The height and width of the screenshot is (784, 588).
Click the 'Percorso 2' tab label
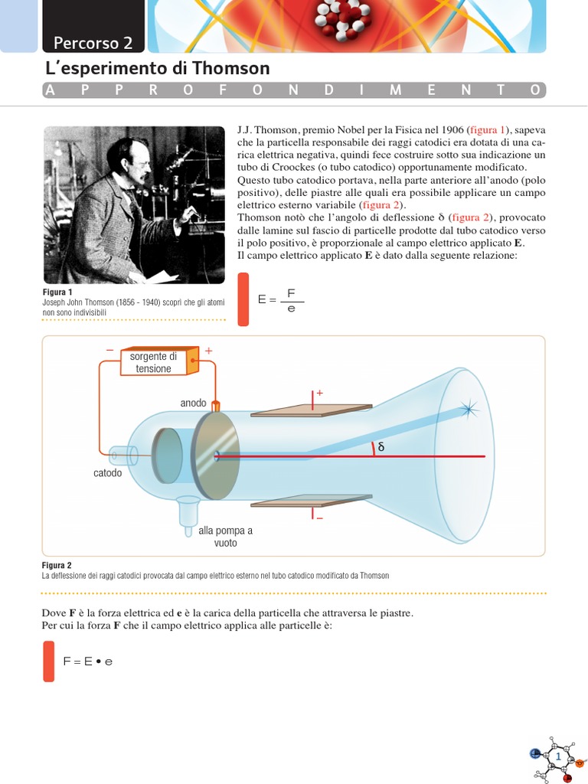coord(93,41)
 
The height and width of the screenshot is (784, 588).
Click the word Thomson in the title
coord(231,69)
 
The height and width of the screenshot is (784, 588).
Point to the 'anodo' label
coord(193,403)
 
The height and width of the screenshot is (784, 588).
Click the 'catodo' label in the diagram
coord(107,473)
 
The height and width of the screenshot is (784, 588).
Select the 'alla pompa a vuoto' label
coord(225,536)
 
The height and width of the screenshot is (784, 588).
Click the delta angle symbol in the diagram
coord(381,447)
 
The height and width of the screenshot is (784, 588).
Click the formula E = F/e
coord(281,300)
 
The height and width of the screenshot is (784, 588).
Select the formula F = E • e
coord(87,661)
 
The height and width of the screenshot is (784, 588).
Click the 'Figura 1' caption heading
coord(57,292)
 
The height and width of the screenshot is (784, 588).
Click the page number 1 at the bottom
coord(559,757)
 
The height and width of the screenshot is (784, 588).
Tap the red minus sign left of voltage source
coord(109,350)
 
